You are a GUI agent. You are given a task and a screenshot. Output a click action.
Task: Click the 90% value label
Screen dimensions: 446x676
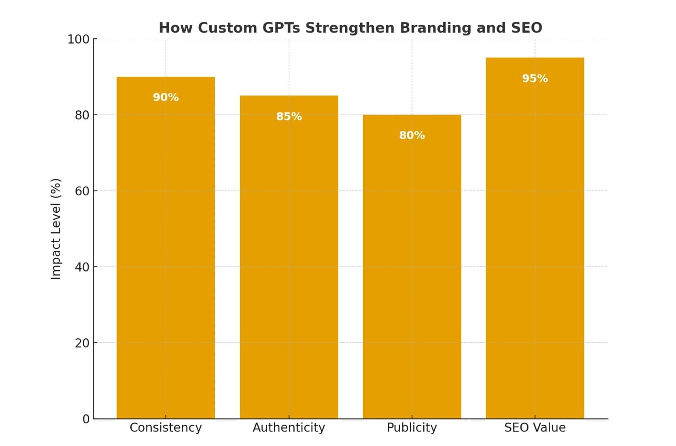[166, 97]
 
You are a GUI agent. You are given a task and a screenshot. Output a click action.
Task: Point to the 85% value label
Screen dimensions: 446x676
[289, 116]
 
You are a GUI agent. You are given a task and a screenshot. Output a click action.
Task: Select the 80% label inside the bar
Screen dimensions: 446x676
[412, 135]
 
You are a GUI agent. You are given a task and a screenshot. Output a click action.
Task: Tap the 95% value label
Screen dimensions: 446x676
[535, 78]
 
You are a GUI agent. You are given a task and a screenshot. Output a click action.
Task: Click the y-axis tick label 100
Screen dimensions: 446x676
[78, 39]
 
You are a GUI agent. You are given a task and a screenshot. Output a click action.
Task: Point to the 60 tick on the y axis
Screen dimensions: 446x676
[82, 191]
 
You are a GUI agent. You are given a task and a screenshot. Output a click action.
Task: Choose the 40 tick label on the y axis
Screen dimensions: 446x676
[82, 267]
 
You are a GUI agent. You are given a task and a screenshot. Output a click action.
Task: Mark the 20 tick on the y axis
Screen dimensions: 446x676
[82, 343]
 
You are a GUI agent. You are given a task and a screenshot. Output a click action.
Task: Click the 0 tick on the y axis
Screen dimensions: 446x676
[86, 419]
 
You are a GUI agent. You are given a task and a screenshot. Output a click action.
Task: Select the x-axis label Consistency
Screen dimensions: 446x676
[166, 428]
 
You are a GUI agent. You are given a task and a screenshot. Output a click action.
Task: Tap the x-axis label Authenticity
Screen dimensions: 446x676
[289, 428]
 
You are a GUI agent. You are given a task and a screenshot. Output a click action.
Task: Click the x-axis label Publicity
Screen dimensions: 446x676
[412, 428]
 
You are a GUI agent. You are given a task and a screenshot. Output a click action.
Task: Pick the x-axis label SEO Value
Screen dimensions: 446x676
[535, 428]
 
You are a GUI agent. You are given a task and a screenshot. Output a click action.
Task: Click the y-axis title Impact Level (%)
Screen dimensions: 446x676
[55, 229]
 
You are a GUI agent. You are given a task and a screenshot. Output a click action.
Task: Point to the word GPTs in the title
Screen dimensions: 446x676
[281, 28]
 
